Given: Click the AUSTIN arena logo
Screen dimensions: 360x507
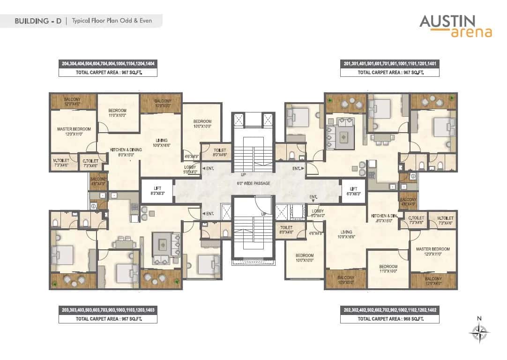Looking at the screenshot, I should [455, 26].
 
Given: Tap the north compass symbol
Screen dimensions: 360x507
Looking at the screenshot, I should [479, 333].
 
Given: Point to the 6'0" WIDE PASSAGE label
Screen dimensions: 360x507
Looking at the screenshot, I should [253, 183].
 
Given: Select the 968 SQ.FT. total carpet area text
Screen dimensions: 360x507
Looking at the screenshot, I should [390, 319].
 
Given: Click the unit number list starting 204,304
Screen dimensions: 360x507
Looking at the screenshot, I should [108, 63].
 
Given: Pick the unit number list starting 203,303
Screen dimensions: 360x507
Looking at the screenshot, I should [108, 310].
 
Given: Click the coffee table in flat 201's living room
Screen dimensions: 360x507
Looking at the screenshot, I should [344, 137].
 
